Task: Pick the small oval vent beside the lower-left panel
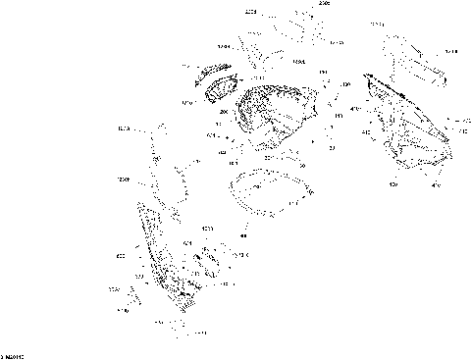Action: click(x=207, y=264)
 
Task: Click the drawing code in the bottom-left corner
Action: click(x=12, y=353)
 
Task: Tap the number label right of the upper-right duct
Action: click(x=450, y=51)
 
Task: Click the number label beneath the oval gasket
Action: click(x=243, y=235)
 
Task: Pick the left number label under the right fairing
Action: click(x=393, y=184)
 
